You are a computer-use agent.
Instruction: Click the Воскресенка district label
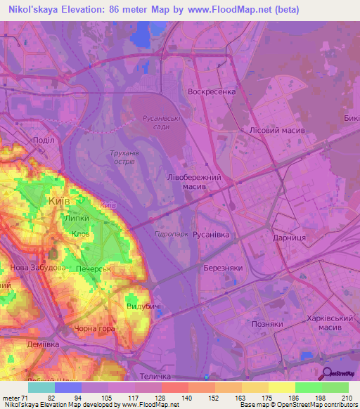pyautogui.click(x=212, y=92)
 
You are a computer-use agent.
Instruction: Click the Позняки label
pyautogui.click(x=266, y=324)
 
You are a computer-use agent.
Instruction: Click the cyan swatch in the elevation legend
pyautogui.click(x=41, y=387)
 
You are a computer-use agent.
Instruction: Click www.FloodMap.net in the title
pyautogui.click(x=229, y=10)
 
